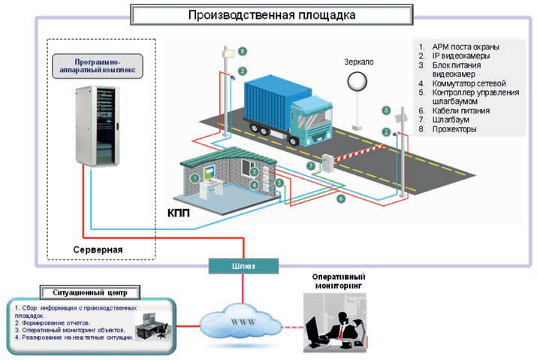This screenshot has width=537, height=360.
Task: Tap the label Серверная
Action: [97, 247]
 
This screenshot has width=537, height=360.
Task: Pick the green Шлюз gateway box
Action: [244, 265]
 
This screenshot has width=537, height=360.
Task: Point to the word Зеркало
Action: [358, 61]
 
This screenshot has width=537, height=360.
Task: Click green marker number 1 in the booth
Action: [195, 178]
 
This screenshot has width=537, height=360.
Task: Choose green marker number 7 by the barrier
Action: [310, 165]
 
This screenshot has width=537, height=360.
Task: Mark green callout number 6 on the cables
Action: [341, 198]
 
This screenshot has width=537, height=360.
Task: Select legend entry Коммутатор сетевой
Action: [466, 83]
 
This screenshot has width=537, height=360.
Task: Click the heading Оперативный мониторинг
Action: [340, 281]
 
